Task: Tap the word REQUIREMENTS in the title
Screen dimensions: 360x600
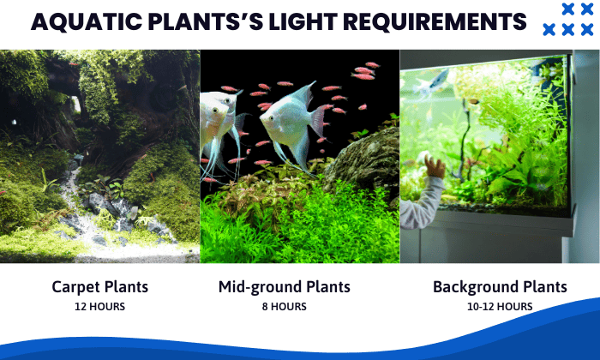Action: pos(432,21)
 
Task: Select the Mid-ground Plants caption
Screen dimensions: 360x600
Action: pos(284,287)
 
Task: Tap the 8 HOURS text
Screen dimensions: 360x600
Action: pos(284,306)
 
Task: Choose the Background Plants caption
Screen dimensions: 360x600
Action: pos(500,287)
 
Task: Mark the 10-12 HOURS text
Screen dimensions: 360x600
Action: pos(500,306)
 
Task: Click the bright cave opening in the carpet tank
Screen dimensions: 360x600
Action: pos(76,104)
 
